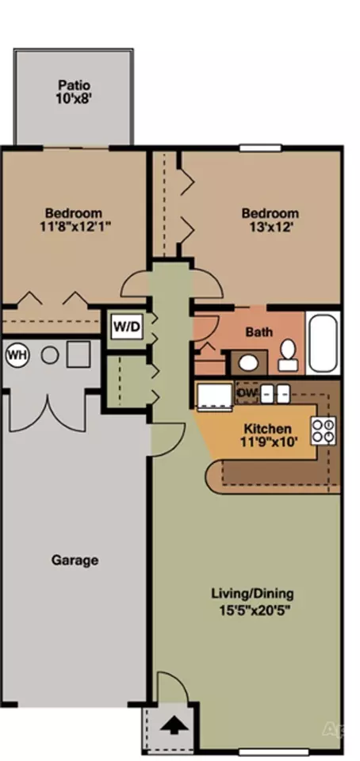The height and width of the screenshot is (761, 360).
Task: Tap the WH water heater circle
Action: click(x=17, y=356)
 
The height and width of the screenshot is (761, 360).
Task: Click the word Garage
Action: click(x=75, y=560)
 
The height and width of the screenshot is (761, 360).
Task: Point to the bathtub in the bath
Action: click(x=323, y=343)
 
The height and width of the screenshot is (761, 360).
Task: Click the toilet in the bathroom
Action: click(x=288, y=355)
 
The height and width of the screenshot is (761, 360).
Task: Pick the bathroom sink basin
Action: click(x=249, y=362)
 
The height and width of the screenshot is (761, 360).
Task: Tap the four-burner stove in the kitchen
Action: click(x=324, y=431)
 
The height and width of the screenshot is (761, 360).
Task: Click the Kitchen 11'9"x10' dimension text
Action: click(x=268, y=435)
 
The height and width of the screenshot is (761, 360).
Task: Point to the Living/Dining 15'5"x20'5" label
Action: click(x=252, y=602)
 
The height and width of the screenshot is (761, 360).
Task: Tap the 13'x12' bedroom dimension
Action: click(x=270, y=227)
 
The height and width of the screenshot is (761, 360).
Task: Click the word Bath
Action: click(x=259, y=332)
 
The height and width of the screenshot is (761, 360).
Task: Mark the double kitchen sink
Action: click(x=275, y=393)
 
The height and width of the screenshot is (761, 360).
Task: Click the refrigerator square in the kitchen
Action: click(x=213, y=396)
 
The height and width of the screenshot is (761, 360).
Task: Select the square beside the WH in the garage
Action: click(x=79, y=354)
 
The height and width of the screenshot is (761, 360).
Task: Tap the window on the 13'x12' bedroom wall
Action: click(x=260, y=148)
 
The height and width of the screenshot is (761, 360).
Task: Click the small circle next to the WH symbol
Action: click(x=49, y=356)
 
